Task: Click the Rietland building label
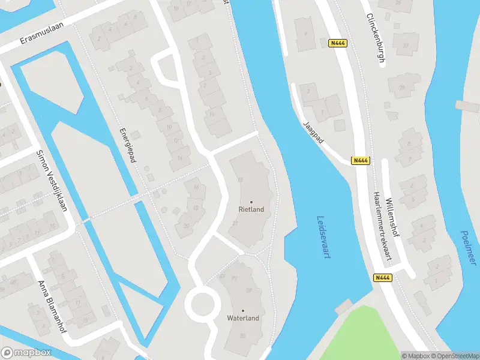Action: [251, 210]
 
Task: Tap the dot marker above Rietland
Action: [251, 202]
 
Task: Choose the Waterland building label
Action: [243, 318]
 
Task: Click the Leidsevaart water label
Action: [325, 237]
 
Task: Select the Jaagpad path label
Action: [314, 132]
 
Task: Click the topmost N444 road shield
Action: [337, 43]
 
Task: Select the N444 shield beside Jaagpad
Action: [361, 160]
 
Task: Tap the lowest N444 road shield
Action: [382, 277]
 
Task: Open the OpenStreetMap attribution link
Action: [455, 356]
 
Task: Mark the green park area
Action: [360, 336]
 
